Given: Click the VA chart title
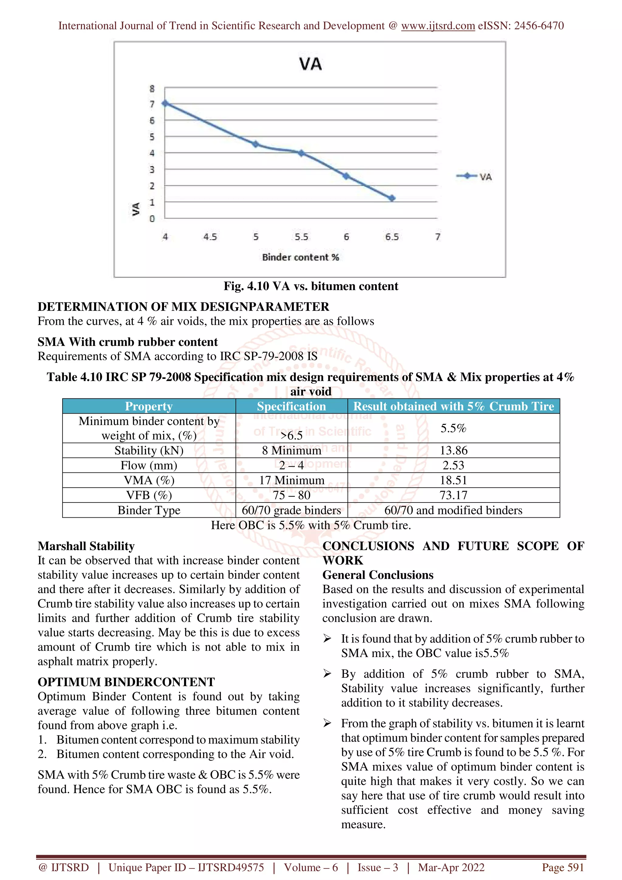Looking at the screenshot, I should click(310, 64).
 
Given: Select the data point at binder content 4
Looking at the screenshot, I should click(165, 103).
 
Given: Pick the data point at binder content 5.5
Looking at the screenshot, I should click(301, 153).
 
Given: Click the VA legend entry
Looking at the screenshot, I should click(474, 176).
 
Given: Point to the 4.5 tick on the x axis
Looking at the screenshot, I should click(210, 237).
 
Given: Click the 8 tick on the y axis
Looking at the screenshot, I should click(152, 89).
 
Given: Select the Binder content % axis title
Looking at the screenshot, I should click(300, 257).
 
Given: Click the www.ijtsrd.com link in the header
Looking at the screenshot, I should click(438, 26).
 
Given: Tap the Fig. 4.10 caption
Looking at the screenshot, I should click(311, 286).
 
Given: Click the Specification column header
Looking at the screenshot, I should click(291, 406).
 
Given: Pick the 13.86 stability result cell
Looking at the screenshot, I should click(453, 450).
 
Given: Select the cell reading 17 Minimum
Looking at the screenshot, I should click(291, 480).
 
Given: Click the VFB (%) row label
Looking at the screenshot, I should click(149, 495).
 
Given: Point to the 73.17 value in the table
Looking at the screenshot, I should click(453, 495).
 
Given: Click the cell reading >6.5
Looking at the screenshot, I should click(291, 435).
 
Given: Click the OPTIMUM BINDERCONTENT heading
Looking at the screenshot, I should click(126, 682).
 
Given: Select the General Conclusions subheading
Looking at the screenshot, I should click(378, 575).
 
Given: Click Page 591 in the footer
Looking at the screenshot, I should click(562, 867).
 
